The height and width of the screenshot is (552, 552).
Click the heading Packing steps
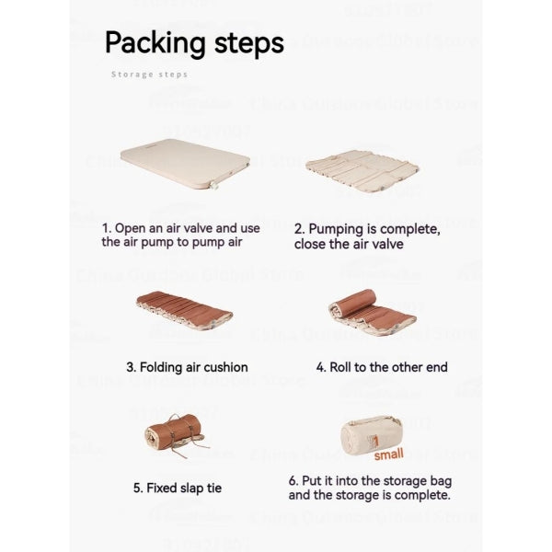tap(194, 42)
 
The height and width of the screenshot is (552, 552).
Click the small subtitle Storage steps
tap(149, 75)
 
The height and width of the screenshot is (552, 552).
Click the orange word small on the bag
tap(387, 454)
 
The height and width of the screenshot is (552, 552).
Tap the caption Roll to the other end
tap(382, 367)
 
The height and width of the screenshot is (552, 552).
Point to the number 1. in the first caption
tap(107, 227)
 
